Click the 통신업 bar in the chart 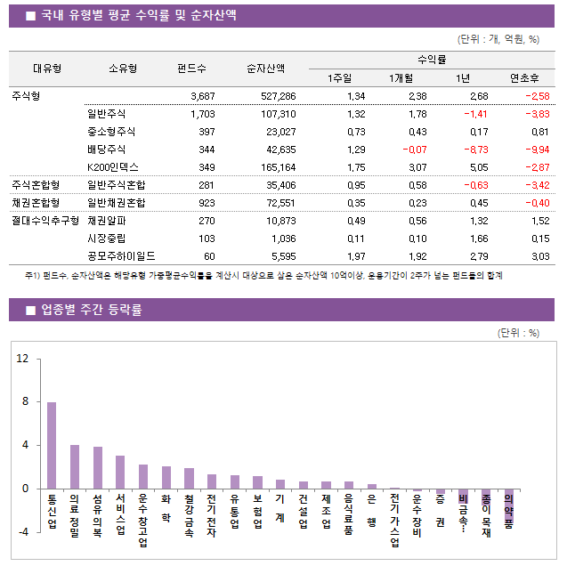pyautogui.click(x=52, y=445)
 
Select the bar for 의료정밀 pyautogui.click(x=75, y=466)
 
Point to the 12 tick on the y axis pyautogui.click(x=22, y=359)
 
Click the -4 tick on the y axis pyautogui.click(x=22, y=531)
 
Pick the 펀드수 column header pyautogui.click(x=191, y=69)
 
